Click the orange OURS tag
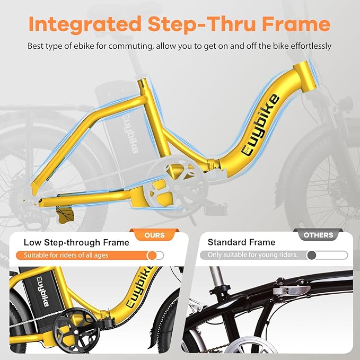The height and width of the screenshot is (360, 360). tap(154, 235)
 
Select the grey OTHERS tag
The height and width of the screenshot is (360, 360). tap(319, 235)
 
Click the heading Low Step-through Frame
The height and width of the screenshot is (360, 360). tap(76, 243)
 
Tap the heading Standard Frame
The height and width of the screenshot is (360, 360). tap(241, 243)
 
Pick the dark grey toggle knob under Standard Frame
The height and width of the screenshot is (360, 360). tap(311, 255)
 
